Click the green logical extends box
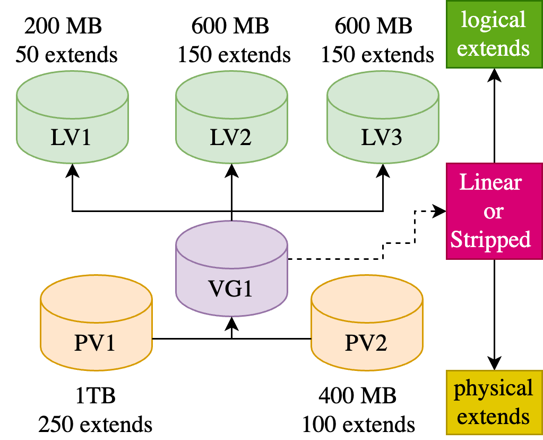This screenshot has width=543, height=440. click(494, 35)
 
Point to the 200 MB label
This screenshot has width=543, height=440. click(66, 25)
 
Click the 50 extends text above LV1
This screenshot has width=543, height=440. click(66, 54)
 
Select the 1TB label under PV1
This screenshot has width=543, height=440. click(95, 396)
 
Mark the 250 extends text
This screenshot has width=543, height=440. click(95, 425)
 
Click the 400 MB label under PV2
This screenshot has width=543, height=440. click(358, 396)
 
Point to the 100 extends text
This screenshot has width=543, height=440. click(358, 425)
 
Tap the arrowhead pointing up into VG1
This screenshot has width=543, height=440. click(231, 324)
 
